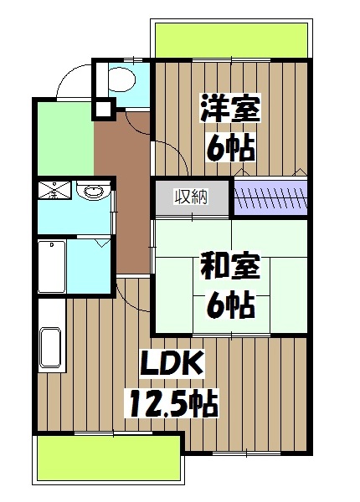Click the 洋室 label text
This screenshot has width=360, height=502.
229,109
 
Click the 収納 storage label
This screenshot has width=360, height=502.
190,197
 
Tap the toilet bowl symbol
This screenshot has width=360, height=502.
122,80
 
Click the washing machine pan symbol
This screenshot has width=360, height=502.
52,193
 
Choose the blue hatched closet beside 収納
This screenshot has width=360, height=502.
270,199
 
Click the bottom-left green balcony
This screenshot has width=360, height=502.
109,459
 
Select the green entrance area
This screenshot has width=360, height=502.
64,139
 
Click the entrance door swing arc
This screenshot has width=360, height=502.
72,84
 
